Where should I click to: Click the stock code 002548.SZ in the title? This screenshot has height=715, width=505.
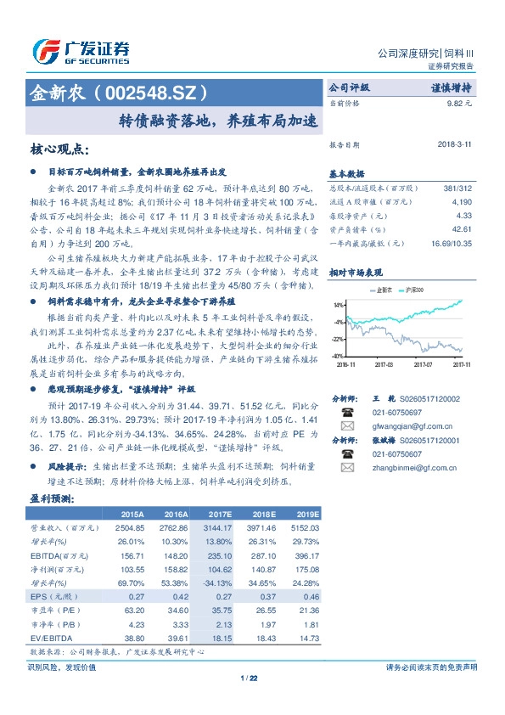[x=150, y=89]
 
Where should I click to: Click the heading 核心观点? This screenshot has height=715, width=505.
[x=59, y=149]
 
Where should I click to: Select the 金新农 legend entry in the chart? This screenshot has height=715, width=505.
[x=385, y=290]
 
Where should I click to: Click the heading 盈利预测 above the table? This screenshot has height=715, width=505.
[x=50, y=498]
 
